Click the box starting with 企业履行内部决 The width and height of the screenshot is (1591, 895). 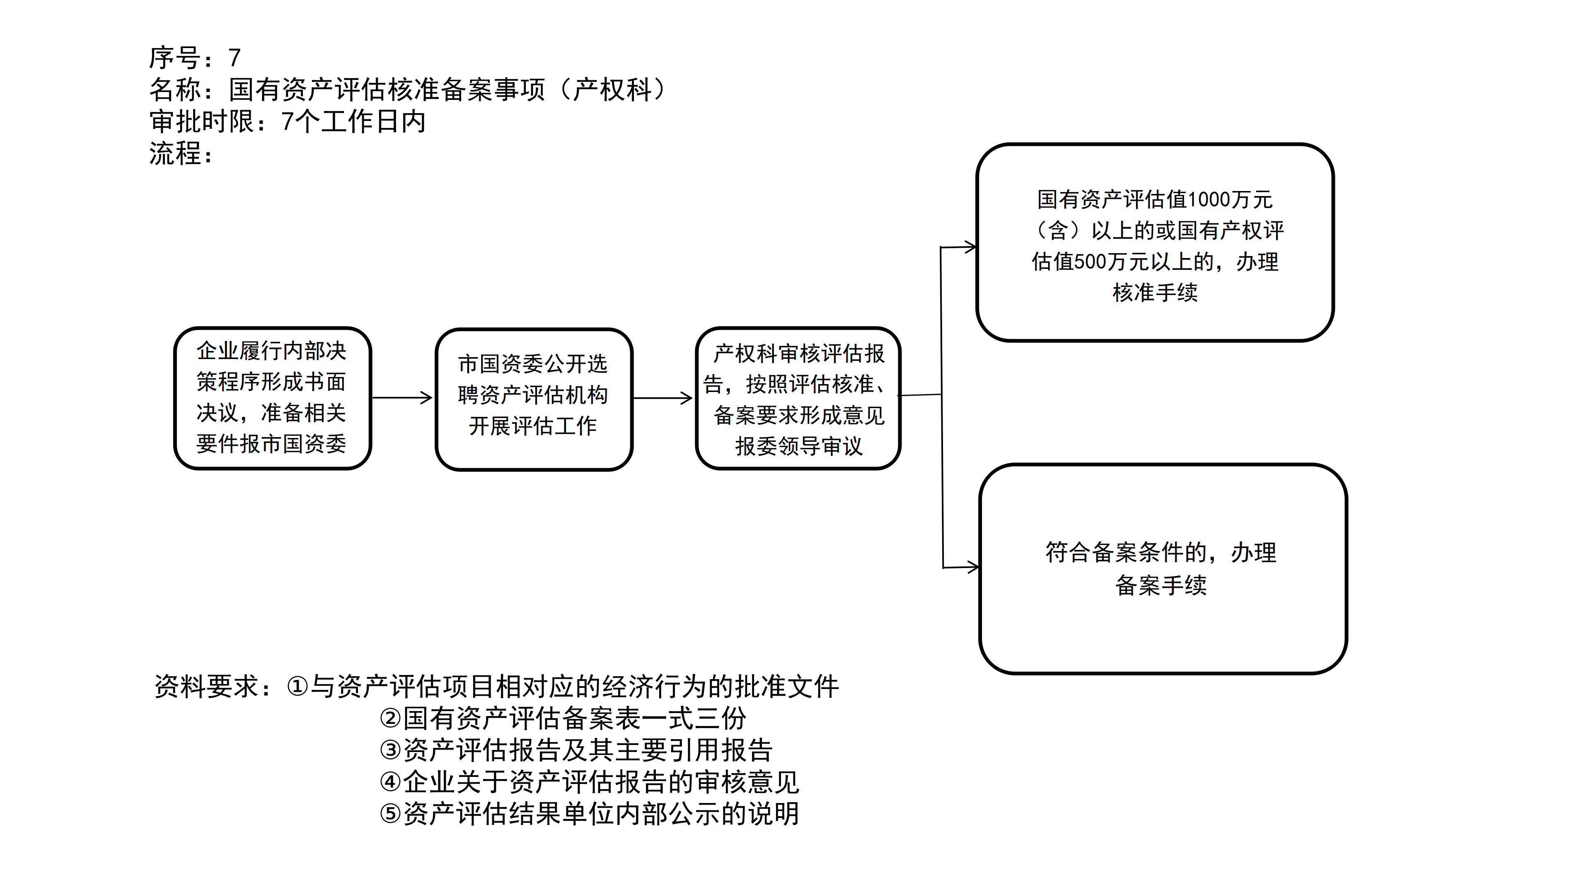point(272,398)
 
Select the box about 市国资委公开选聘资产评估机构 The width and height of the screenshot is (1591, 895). point(534,399)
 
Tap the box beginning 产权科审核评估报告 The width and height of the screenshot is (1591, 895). point(798,398)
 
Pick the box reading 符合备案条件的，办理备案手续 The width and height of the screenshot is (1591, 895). point(1162,568)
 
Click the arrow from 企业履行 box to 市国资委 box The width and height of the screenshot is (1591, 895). point(402,398)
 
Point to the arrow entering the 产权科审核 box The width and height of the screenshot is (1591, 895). point(663,398)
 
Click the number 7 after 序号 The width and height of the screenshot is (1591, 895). point(234,58)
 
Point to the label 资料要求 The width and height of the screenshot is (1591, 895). point(206,686)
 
